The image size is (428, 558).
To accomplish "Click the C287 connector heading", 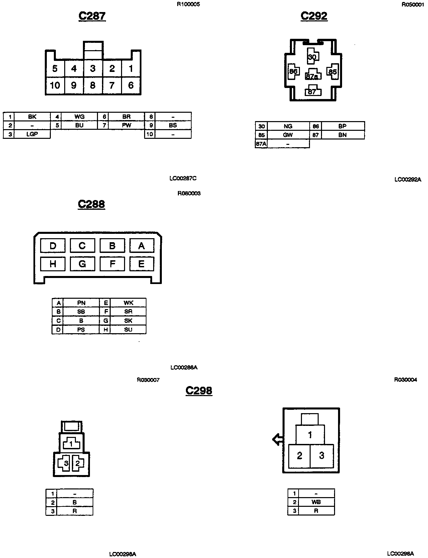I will pyautogui.click(x=92, y=16).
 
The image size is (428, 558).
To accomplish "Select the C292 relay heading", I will pyautogui.click(x=314, y=16).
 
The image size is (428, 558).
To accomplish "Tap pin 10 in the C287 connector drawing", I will pyautogui.click(x=55, y=86).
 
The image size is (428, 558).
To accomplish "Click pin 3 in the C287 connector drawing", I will pyautogui.click(x=93, y=69).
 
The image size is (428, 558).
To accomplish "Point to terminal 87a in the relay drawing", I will pyautogui.click(x=312, y=77).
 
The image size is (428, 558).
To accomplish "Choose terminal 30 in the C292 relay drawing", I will pyautogui.click(x=312, y=57).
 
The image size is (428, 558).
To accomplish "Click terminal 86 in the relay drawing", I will pyautogui.click(x=293, y=72).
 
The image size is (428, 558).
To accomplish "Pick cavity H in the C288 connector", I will pyautogui.click(x=53, y=264).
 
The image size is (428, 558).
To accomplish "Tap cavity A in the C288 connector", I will pyautogui.click(x=141, y=246).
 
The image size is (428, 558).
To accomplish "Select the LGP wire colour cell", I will pyautogui.click(x=32, y=134).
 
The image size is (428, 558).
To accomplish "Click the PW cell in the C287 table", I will pyautogui.click(x=127, y=125).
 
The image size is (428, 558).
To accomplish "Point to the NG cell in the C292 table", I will pyautogui.click(x=288, y=126).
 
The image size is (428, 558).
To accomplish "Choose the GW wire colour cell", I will pyautogui.click(x=288, y=135).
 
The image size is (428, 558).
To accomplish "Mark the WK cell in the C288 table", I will pyautogui.click(x=128, y=303).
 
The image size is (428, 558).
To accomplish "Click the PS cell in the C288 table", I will pyautogui.click(x=81, y=330).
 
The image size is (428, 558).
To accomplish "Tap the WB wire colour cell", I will pyautogui.click(x=316, y=502).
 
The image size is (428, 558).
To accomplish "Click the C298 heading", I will pyautogui.click(x=199, y=390).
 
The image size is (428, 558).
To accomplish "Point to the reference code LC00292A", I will pyautogui.click(x=408, y=180).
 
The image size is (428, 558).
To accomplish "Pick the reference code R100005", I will pyautogui.click(x=189, y=5).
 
